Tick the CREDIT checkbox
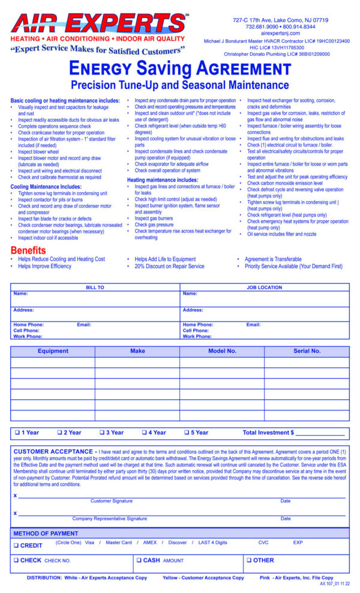(x=17, y=545)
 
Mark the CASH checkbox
(x=139, y=560)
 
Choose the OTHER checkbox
(x=250, y=560)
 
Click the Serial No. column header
(x=307, y=351)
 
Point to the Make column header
(x=137, y=351)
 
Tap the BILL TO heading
(x=95, y=287)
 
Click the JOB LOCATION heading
(x=265, y=287)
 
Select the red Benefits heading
(x=28, y=250)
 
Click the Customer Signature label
(x=112, y=501)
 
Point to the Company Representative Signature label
(x=109, y=519)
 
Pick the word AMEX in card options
(x=149, y=543)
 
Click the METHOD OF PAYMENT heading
(x=46, y=533)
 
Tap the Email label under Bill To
(x=84, y=325)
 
